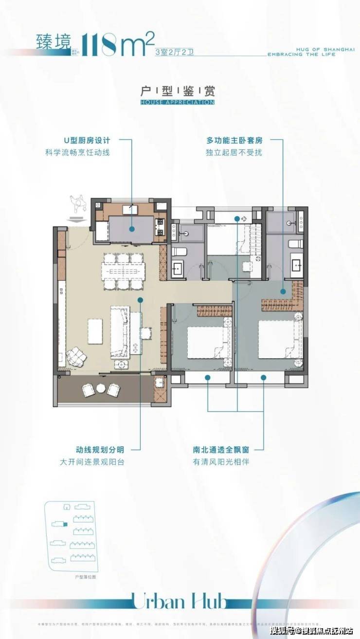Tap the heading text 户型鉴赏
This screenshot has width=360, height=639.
[x=177, y=91]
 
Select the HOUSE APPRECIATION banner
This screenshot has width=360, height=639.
[x=177, y=103]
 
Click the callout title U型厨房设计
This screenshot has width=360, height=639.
[x=87, y=141]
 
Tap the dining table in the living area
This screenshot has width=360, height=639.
[x=123, y=272]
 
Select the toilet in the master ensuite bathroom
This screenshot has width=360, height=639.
[x=295, y=244]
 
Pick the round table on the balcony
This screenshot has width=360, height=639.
[x=101, y=388]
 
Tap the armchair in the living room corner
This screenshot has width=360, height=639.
[x=76, y=358]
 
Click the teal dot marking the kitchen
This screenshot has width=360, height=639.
[x=132, y=229]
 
